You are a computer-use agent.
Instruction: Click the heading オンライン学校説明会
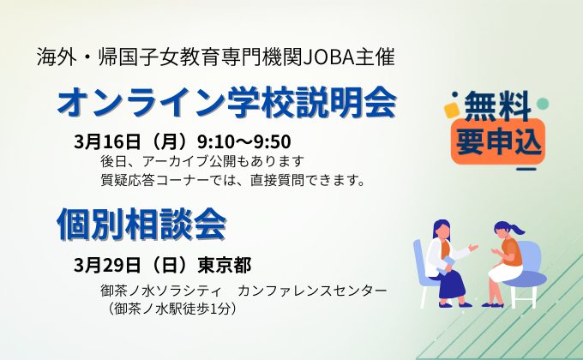click(226, 103)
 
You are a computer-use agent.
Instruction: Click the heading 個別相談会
click(141, 223)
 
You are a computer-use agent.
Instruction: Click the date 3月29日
click(104, 262)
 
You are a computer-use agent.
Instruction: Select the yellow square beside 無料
click(450, 111)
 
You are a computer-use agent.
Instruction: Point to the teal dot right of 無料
click(542, 105)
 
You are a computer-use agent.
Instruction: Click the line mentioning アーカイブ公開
click(202, 160)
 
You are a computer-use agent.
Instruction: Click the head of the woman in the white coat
click(442, 230)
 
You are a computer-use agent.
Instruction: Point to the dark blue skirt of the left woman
click(449, 279)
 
